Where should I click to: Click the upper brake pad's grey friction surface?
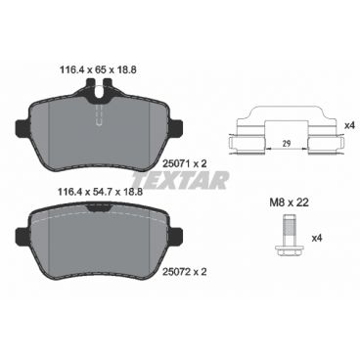pyautogui.click(x=68, y=131)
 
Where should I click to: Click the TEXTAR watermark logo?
pyautogui.click(x=183, y=179)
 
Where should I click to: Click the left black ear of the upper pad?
pyautogui.click(x=22, y=127)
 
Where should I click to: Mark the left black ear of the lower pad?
pyautogui.click(x=22, y=234)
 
